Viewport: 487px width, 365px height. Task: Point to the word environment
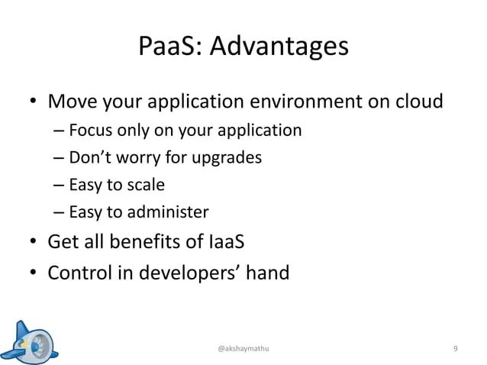(293, 102)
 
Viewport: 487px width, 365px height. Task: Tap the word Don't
(90, 158)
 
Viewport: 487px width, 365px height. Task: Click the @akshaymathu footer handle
(243, 348)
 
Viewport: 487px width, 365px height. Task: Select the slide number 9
(456, 348)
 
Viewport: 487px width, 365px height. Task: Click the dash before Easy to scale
(59, 186)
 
